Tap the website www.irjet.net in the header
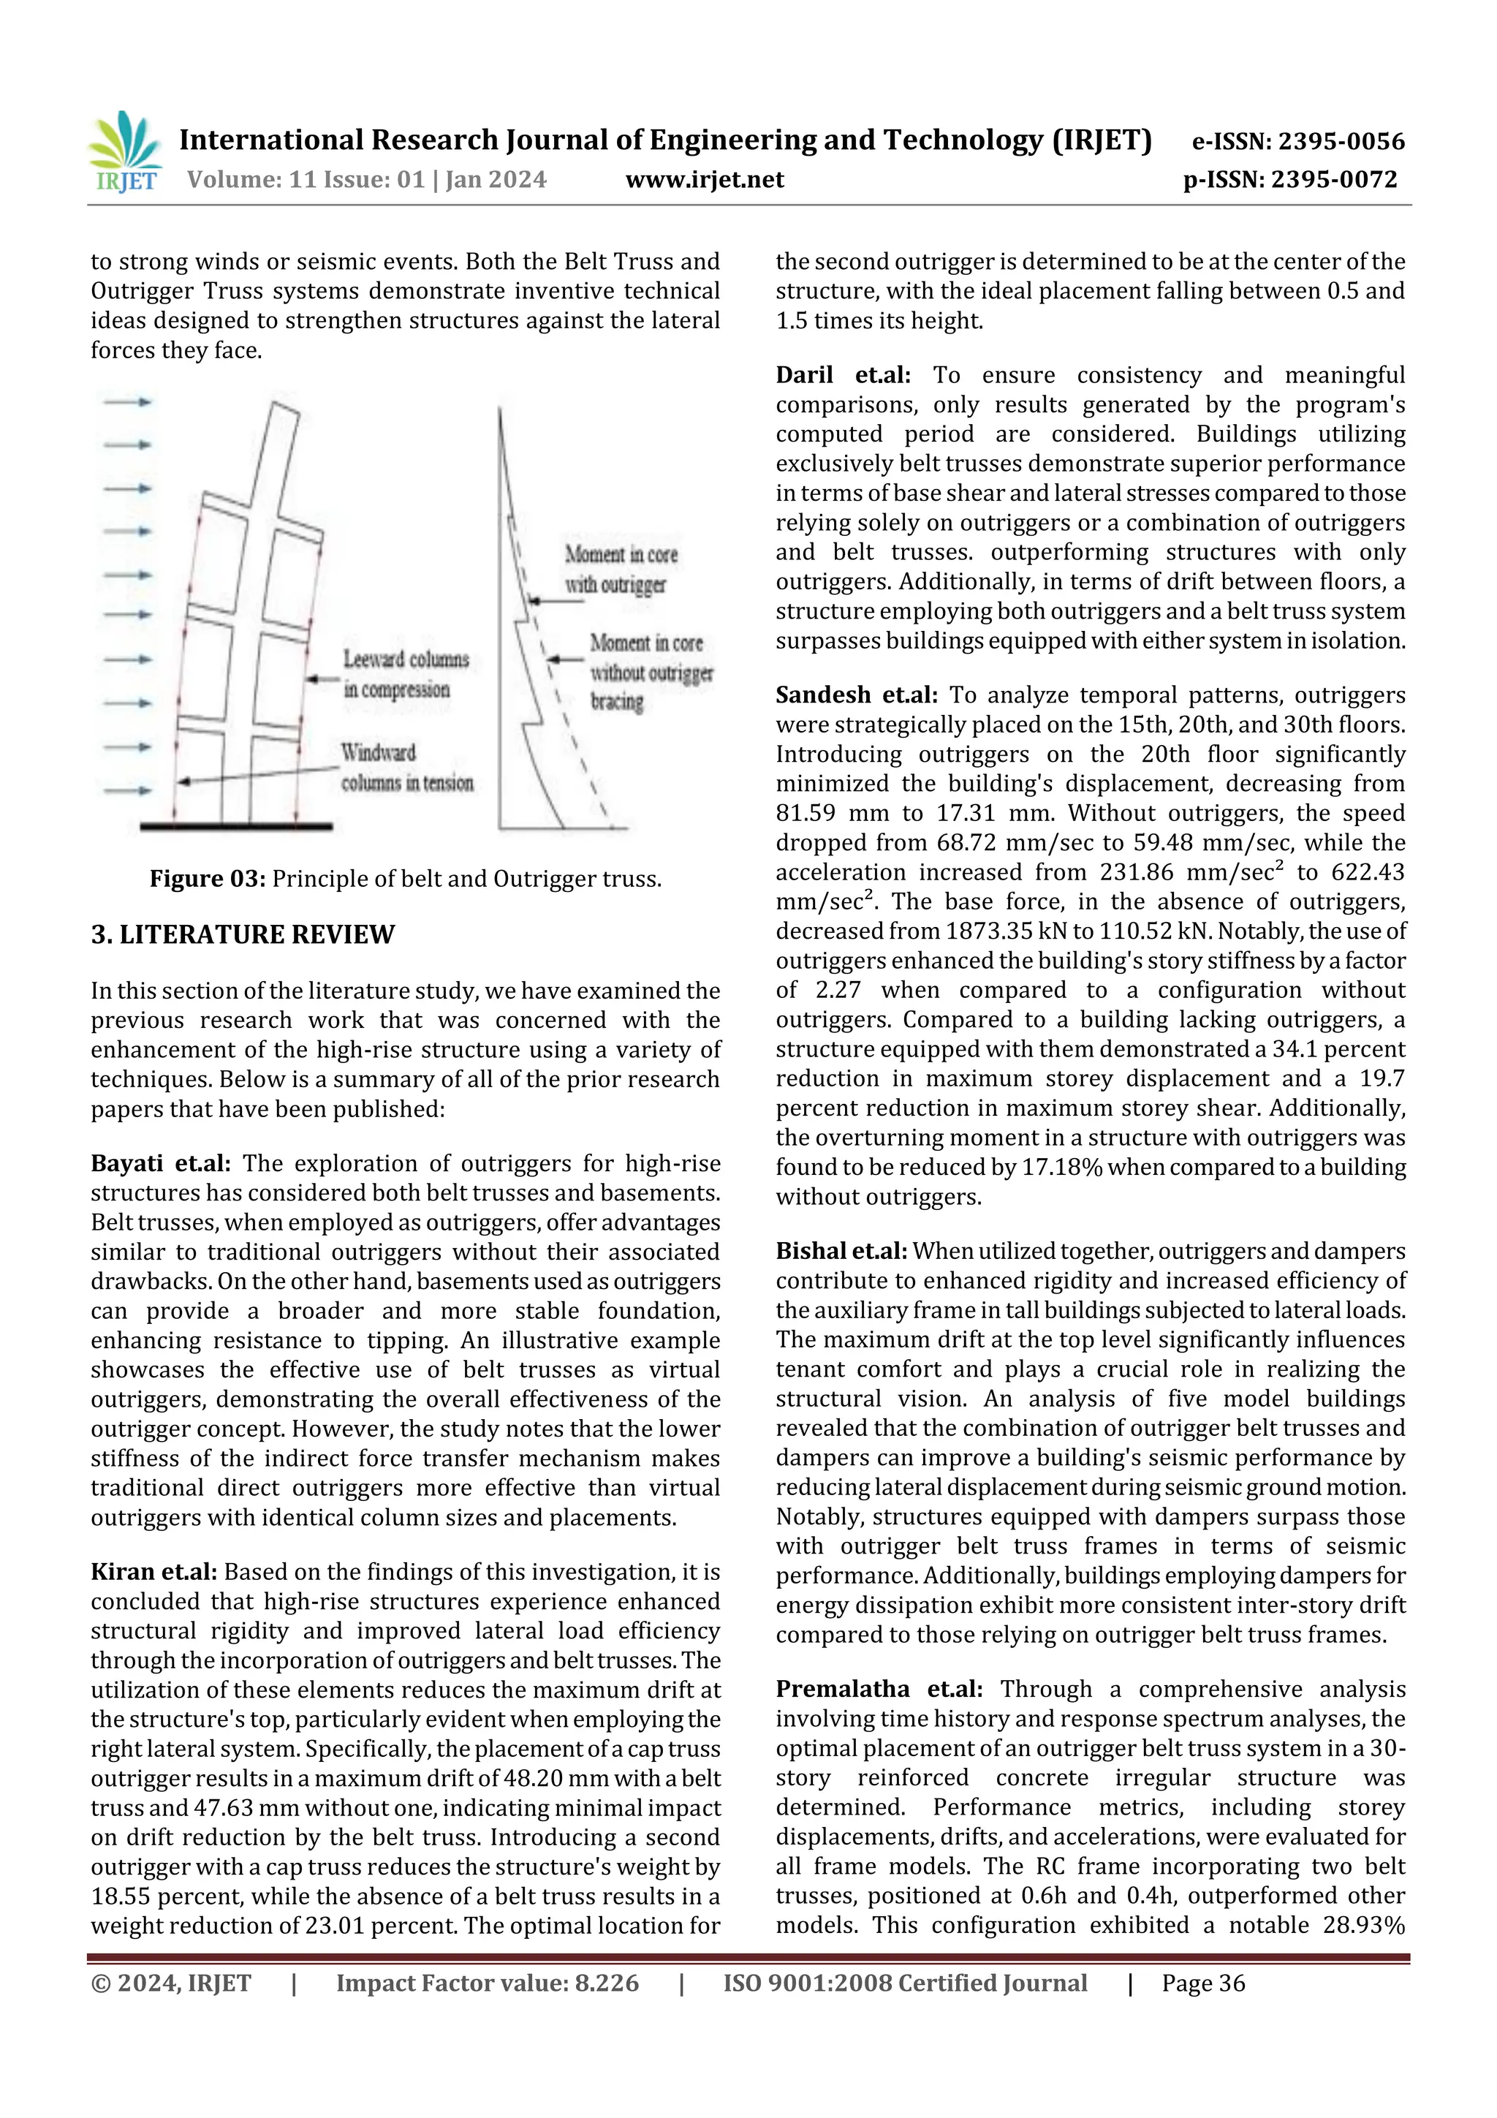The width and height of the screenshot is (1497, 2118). (704, 179)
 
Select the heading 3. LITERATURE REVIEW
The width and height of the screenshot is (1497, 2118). (243, 934)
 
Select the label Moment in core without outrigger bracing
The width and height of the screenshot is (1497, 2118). (651, 672)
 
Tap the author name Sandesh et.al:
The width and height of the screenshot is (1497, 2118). (856, 695)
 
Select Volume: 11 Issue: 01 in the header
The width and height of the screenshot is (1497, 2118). (306, 179)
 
